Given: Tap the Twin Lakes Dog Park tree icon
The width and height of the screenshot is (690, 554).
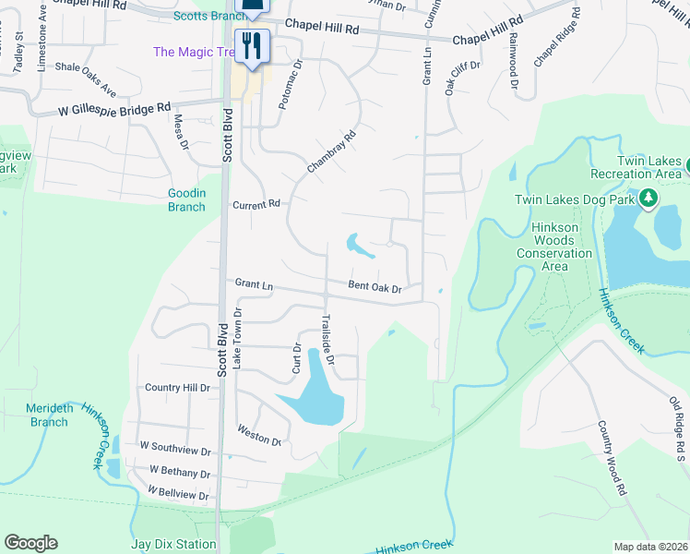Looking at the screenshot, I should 648,198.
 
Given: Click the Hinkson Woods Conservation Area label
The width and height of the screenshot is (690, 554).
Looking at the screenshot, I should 553,247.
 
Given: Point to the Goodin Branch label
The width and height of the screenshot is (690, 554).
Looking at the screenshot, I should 186,199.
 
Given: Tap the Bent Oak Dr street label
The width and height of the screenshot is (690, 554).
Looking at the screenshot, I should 375,287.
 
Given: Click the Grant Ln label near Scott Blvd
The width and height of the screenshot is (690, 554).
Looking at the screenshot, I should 254,284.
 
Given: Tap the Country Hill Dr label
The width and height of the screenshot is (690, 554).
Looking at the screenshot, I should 178,388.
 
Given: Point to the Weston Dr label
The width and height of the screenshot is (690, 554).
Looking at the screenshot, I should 258,434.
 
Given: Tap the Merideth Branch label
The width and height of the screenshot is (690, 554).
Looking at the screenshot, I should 49,415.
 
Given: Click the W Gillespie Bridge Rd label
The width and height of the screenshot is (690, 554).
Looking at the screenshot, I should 101,108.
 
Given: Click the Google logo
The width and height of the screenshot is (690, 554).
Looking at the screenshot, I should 30,542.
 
